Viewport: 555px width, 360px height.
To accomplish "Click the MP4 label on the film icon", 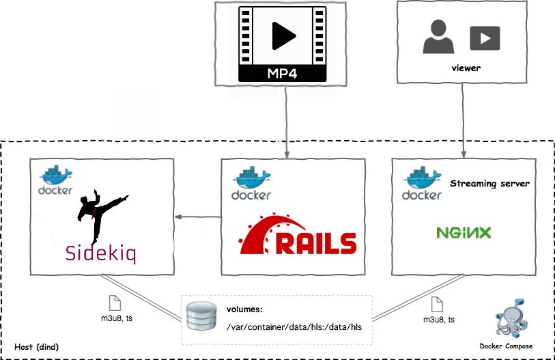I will tap(283, 73).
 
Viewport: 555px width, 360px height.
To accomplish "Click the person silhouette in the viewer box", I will tap(439, 38).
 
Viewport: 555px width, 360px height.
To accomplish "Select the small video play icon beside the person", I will tap(485, 38).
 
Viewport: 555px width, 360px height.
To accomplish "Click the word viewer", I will tap(466, 68).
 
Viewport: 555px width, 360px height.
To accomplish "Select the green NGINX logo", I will tap(464, 233).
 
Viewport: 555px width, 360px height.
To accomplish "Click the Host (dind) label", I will tap(37, 347).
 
